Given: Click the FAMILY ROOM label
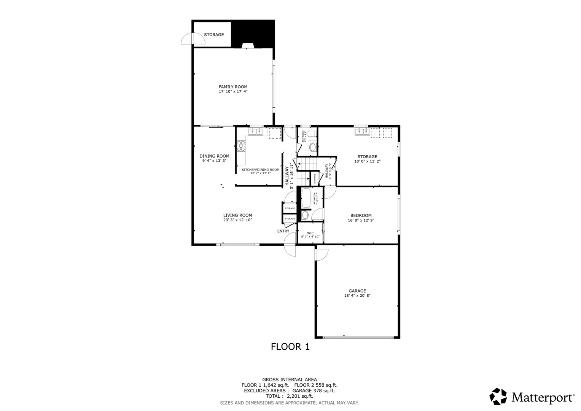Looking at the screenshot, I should [233, 87].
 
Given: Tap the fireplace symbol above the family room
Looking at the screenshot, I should [248, 46].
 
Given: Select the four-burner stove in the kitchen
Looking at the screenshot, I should [241, 146].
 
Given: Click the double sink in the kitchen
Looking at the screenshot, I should [256, 132].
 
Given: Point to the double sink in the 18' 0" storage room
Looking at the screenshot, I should [362, 132].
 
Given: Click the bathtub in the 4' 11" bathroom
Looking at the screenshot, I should [306, 198].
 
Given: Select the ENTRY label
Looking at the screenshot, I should [283, 231].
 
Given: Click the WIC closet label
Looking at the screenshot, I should [310, 233].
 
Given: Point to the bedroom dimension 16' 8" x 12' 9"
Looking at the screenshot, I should [361, 220].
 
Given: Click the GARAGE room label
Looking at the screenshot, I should [357, 291].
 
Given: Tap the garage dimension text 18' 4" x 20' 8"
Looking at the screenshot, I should [357, 296].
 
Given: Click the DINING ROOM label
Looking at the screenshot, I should [214, 156].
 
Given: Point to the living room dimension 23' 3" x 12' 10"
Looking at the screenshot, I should [237, 220].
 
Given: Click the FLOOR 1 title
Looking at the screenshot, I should [290, 347].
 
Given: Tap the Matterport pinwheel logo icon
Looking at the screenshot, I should [498, 397].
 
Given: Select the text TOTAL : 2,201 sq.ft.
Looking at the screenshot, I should [289, 396].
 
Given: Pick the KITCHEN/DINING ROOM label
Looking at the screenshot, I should [260, 170].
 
